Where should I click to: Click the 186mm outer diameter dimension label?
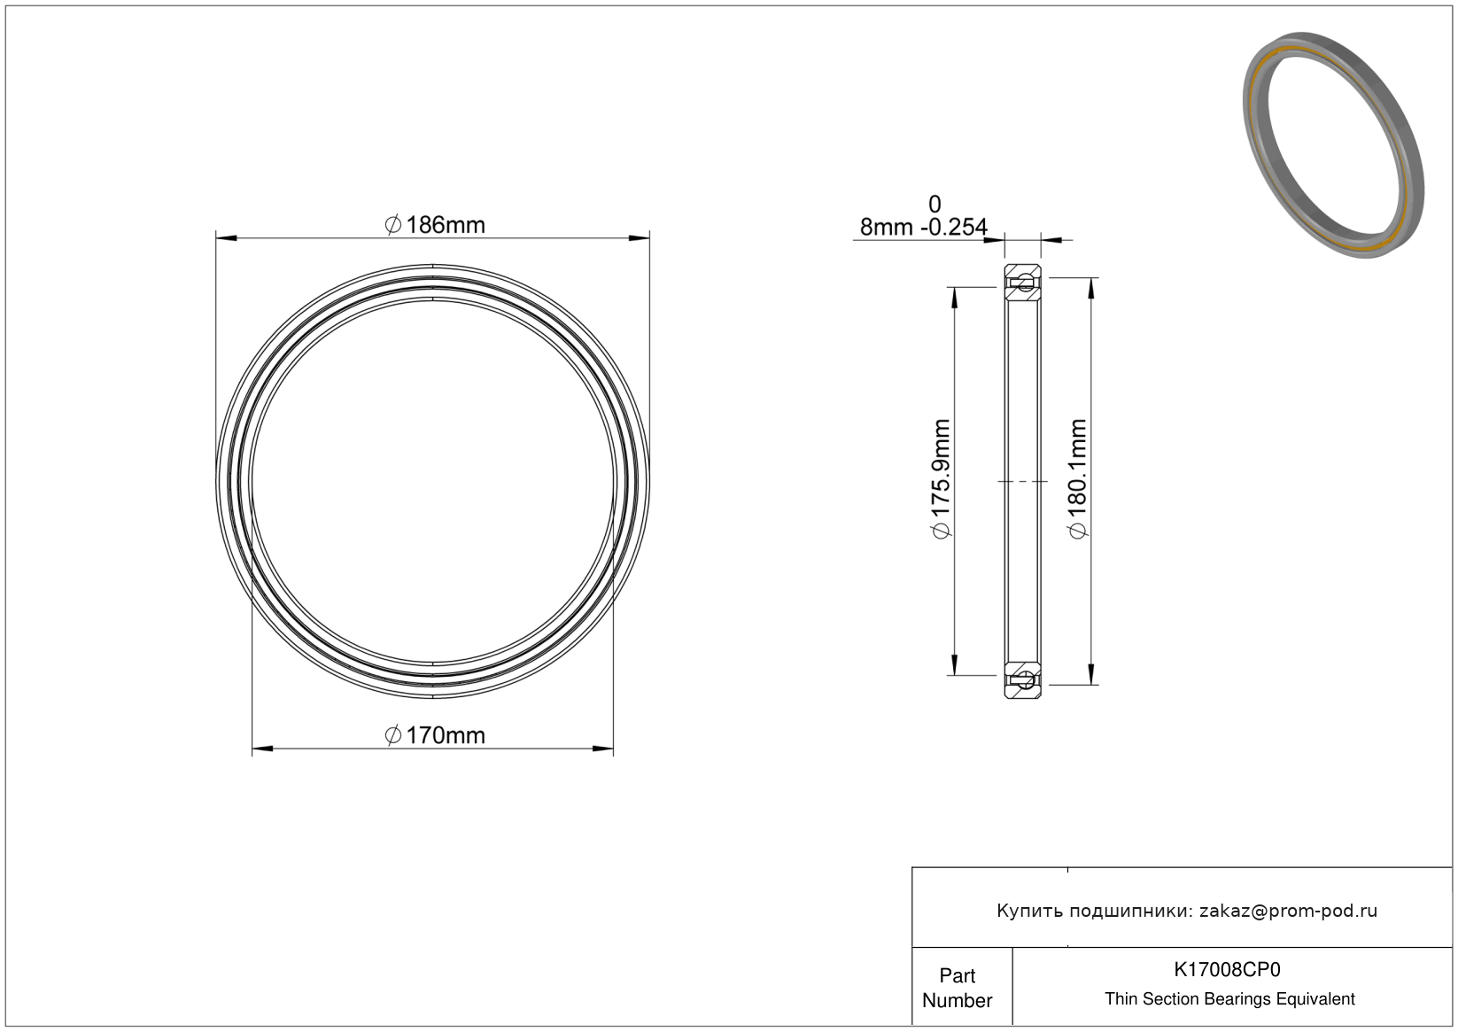click(x=435, y=225)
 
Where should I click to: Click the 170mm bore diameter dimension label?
click(x=435, y=736)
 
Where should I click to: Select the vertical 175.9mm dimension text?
click(x=942, y=479)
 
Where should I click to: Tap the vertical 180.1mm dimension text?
click(x=1078, y=479)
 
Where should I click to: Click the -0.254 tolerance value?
click(x=954, y=228)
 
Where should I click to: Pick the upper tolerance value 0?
click(x=935, y=205)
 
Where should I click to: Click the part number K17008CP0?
click(x=1227, y=969)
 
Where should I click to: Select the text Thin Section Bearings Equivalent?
click(x=1229, y=998)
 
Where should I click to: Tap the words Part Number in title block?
click(x=958, y=988)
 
